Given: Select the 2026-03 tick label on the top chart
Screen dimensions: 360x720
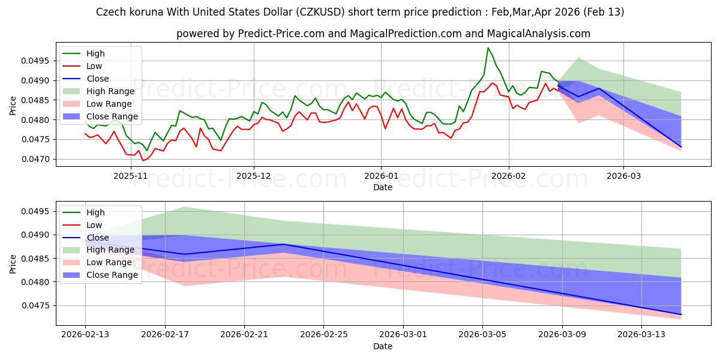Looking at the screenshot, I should coord(623,176).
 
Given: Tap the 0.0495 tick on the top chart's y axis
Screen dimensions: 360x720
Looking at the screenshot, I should coord(39,61).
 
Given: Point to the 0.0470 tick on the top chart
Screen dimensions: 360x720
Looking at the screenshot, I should coord(39,159).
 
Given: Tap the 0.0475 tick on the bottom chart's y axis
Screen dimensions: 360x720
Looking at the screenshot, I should coord(39,305).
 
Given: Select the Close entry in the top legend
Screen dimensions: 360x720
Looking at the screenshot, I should coord(98,79).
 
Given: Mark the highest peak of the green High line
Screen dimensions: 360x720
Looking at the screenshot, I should coord(488,48).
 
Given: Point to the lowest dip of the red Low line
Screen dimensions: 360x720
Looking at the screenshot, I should coord(143,160).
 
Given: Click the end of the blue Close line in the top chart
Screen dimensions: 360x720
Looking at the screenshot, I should coord(681,147).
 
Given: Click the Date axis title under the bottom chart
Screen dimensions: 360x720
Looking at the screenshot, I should coord(383,346).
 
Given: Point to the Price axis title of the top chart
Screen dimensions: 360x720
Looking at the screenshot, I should coord(13,106).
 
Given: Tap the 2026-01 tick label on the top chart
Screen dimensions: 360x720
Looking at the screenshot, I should coord(380,176).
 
